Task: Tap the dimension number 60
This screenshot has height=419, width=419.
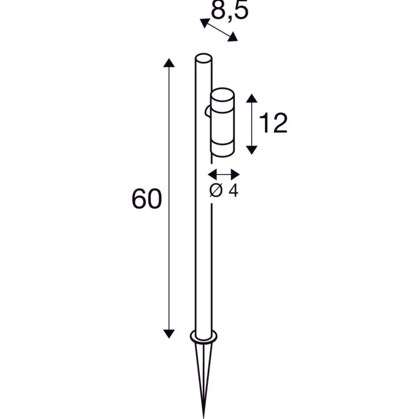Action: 147,199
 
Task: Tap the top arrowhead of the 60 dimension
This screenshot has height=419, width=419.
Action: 169,63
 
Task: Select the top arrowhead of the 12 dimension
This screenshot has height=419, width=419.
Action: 251,98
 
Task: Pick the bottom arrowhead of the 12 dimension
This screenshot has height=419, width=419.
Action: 251,150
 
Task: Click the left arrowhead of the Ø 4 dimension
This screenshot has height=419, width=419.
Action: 212,174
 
